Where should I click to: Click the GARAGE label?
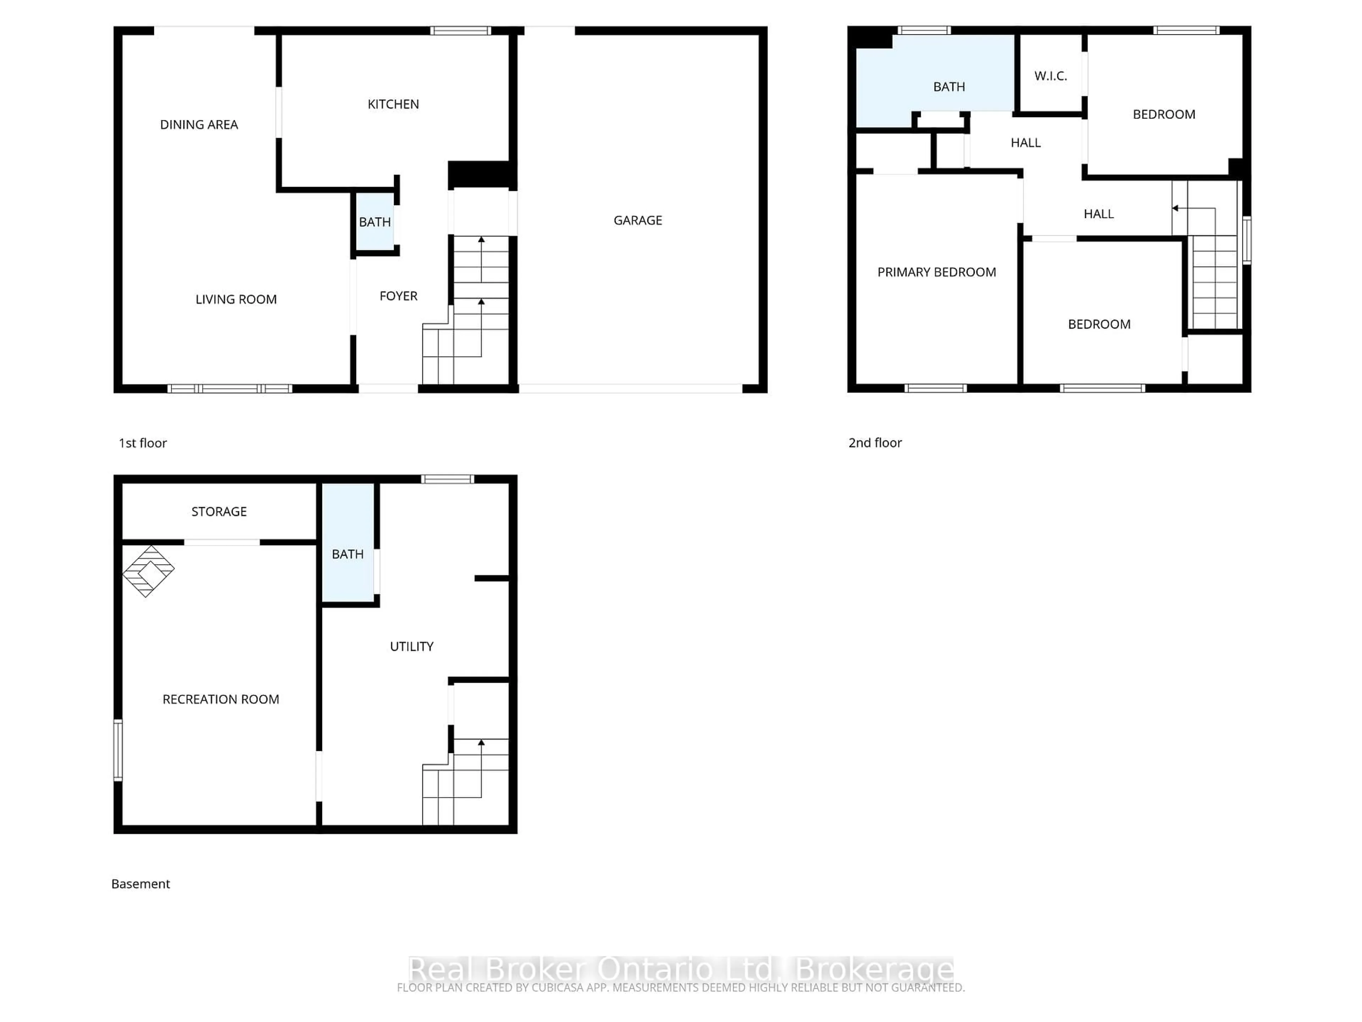click(637, 220)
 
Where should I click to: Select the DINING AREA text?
click(199, 125)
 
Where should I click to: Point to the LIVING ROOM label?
click(236, 300)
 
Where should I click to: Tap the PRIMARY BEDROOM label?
click(936, 272)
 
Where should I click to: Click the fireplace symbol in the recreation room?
click(148, 571)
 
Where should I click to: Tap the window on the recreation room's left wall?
click(118, 750)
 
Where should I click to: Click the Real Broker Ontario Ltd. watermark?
click(680, 969)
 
